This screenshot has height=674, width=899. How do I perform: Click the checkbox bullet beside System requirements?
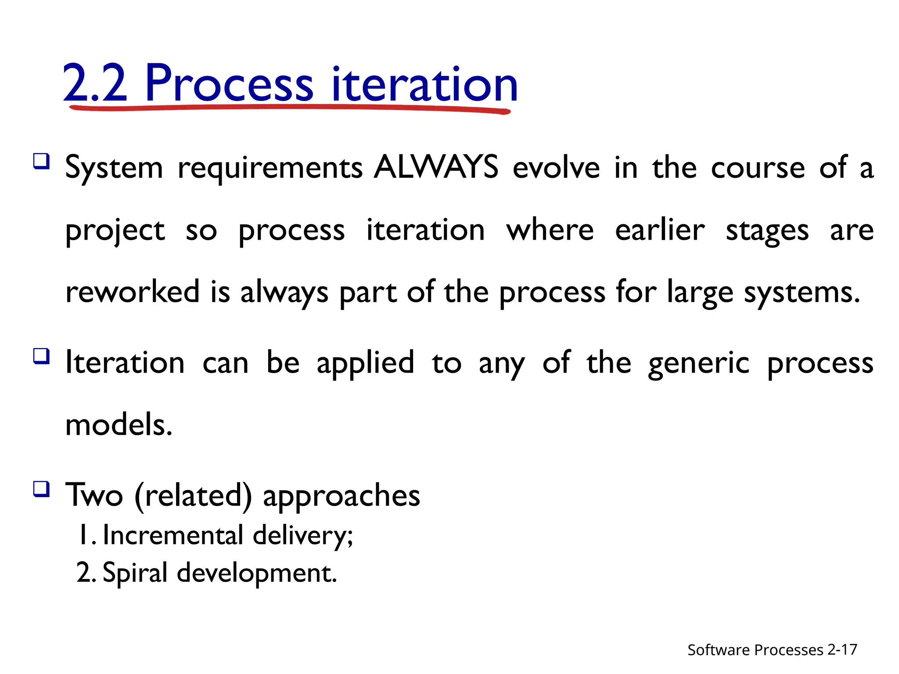(x=42, y=161)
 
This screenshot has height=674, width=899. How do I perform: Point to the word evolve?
(x=556, y=168)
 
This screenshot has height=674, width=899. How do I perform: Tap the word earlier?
(x=660, y=230)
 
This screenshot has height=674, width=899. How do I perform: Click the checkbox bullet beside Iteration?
(x=42, y=356)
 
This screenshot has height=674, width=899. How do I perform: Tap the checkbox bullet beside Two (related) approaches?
(x=42, y=488)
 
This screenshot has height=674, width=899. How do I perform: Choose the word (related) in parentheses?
(x=193, y=496)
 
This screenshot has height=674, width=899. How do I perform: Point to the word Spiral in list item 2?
(x=135, y=573)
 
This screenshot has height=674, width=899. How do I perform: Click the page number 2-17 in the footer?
(x=842, y=649)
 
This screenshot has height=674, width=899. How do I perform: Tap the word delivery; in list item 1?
(x=303, y=536)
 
